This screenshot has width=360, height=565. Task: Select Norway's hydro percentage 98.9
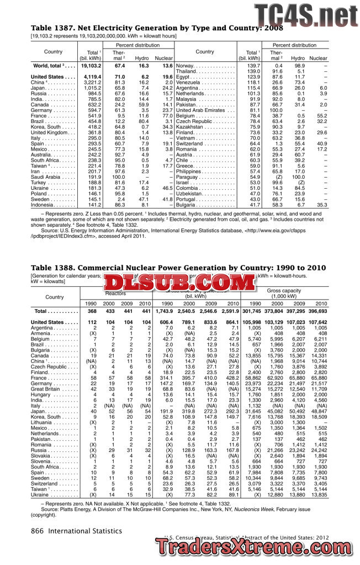click(299, 66)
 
